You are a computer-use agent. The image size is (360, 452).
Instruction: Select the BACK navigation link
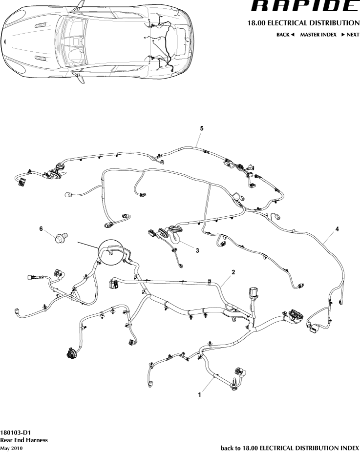coord(285,35)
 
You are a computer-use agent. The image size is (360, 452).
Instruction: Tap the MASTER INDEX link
coord(318,35)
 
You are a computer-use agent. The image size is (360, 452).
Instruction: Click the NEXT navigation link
coord(350,35)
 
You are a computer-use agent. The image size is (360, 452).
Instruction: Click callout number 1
coord(199,395)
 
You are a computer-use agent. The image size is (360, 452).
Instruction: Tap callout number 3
coord(197,250)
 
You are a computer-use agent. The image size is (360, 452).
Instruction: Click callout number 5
coord(201,128)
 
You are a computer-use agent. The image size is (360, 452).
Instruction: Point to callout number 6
coord(41,228)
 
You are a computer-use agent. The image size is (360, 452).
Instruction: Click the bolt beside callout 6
coord(60,238)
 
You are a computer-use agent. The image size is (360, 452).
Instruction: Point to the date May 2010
coord(11,448)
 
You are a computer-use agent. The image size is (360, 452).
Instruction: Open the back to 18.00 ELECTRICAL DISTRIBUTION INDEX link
coord(290,448)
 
